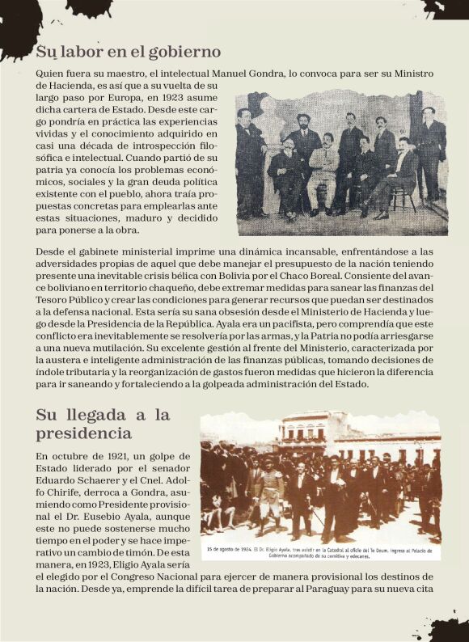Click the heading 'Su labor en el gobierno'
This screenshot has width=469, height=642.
coord(122,53)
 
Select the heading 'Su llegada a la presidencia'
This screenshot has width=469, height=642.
coord(103,424)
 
